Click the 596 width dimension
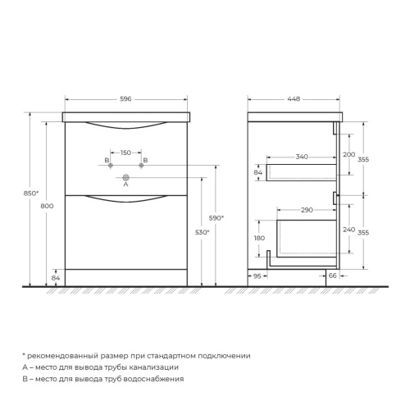[x=125, y=99]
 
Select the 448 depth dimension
[x=293, y=99]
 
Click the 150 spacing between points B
[x=125, y=153]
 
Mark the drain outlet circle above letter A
[x=125, y=176]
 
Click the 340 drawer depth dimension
[x=302, y=156]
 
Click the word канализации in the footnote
[x=173, y=367]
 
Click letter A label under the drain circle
[x=125, y=185]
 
